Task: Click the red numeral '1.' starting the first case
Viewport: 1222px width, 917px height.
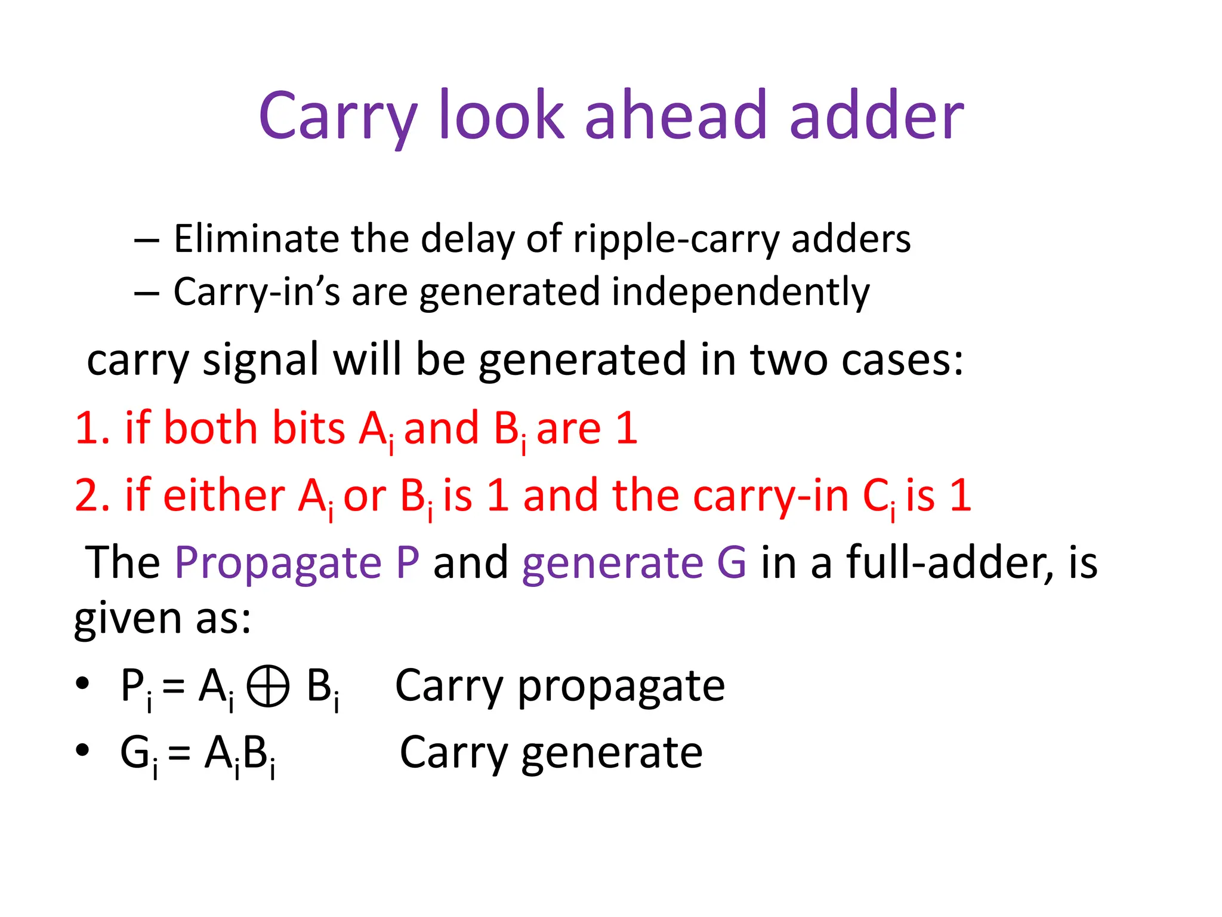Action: tap(92, 428)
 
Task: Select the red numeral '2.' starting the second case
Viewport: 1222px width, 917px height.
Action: tap(92, 496)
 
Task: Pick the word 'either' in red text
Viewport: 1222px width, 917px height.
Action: tap(224, 496)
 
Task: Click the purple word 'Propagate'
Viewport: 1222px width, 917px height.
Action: tap(277, 562)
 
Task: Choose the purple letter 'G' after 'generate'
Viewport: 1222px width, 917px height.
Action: tap(732, 562)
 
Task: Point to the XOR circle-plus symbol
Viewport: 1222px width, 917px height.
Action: tap(268, 687)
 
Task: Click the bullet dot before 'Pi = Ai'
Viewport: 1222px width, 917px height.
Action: tap(82, 682)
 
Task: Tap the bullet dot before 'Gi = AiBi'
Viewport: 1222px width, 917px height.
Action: tap(82, 749)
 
